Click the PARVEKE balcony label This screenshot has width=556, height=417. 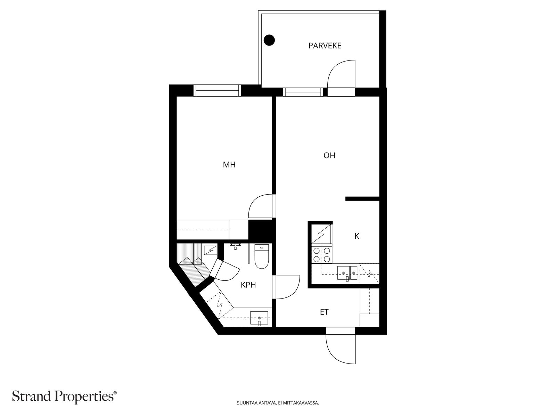(x=325, y=46)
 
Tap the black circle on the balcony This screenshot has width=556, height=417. (x=269, y=40)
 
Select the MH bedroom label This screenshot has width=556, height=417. (x=229, y=165)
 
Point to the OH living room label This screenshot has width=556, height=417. (x=329, y=155)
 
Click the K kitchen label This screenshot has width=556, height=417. (x=357, y=236)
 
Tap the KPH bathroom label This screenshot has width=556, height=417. (x=248, y=285)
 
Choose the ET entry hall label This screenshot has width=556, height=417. (x=324, y=312)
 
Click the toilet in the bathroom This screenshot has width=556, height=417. (x=262, y=257)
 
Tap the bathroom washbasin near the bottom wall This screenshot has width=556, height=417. (x=259, y=318)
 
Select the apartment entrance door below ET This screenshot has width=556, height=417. (x=341, y=347)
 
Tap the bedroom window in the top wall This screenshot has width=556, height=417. (x=217, y=90)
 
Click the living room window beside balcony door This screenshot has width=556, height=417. (x=302, y=92)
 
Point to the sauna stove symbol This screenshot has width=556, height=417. (x=211, y=250)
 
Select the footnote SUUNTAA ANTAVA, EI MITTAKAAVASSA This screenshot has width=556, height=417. (x=278, y=403)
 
